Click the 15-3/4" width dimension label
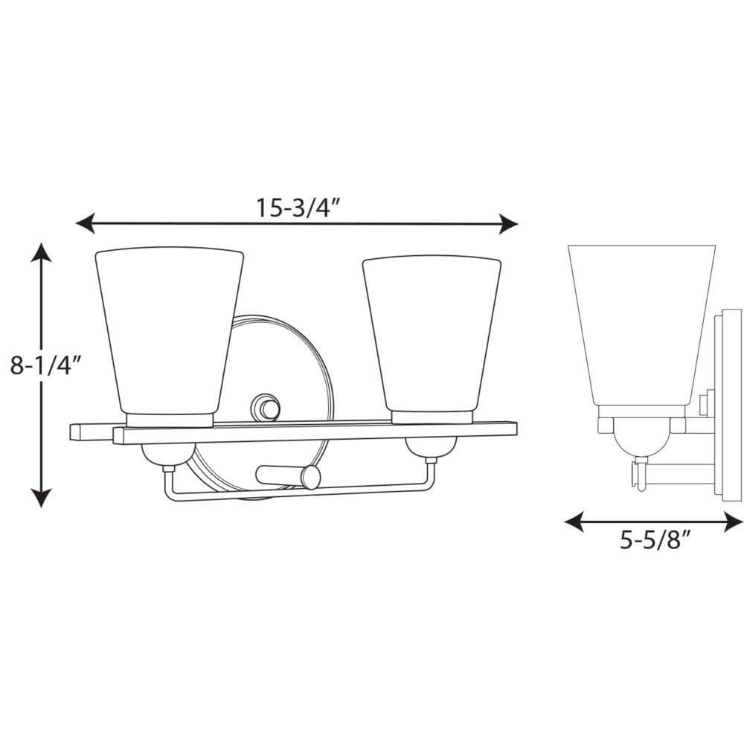(298, 208)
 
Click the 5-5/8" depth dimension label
(654, 539)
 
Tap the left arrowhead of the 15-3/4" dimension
(85, 222)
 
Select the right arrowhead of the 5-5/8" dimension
(734, 522)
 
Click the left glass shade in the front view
(170, 331)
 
